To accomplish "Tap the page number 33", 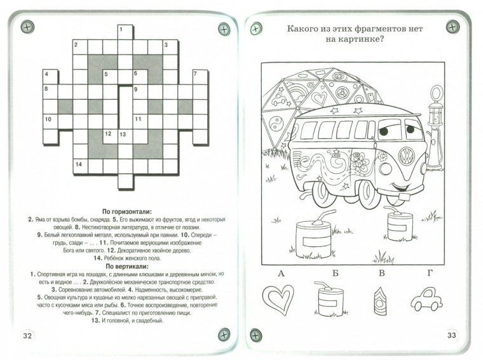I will tap(452, 335).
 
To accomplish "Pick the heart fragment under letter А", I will tap(280, 297).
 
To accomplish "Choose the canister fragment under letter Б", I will tap(330, 298).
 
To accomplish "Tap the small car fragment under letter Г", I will tap(426, 298).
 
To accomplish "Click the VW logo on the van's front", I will tap(405, 156).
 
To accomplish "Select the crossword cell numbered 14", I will tap(79, 166).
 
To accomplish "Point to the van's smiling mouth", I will tap(397, 187).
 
